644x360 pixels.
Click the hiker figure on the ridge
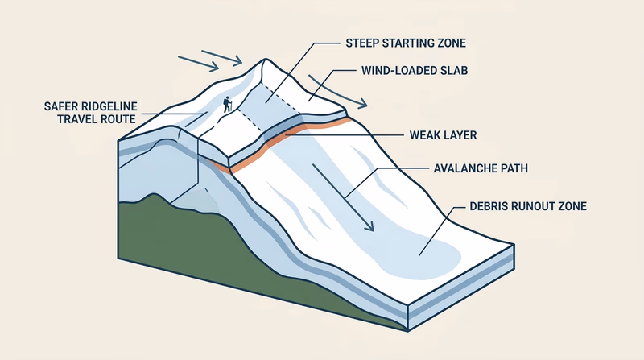click(228, 106)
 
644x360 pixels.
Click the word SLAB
click(453, 70)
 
